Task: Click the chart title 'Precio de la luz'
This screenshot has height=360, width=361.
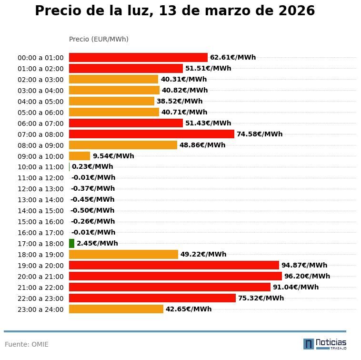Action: [175, 11]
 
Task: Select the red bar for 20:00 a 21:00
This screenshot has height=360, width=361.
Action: [175, 276]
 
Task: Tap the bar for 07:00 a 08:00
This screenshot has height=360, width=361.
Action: [151, 134]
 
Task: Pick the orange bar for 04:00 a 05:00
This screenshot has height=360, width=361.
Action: [111, 101]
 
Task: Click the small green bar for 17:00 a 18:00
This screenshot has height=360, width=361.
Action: [72, 243]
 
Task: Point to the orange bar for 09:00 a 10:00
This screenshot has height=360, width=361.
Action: [80, 156]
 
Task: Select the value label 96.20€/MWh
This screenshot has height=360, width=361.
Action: [307, 276]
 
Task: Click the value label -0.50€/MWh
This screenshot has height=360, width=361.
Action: [92, 210]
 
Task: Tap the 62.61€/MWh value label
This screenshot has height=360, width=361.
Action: [233, 57]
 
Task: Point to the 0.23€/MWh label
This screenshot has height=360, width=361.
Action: [92, 167]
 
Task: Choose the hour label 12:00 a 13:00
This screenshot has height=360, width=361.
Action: [40, 189]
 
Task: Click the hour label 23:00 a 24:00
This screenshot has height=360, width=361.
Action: [40, 309]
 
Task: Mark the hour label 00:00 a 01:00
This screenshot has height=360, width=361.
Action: [40, 58]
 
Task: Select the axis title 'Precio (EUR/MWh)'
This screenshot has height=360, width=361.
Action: [99, 39]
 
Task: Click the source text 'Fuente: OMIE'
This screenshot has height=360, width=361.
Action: [27, 344]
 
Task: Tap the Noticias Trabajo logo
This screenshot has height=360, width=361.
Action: [324, 344]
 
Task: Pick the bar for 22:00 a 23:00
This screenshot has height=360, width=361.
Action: [152, 298]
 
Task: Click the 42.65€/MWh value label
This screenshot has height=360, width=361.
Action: [189, 309]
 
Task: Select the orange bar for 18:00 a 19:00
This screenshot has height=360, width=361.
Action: [123, 254]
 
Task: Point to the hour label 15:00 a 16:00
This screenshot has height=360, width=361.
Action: [40, 222]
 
